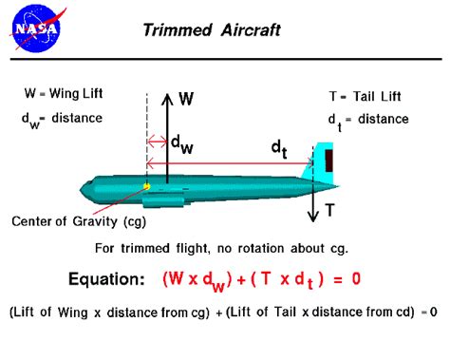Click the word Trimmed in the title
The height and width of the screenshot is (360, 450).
click(174, 29)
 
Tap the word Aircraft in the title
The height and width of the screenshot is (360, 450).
click(247, 29)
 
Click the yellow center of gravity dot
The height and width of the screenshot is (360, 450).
click(146, 186)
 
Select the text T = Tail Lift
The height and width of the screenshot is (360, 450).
click(367, 95)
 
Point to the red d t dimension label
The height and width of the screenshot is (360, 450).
click(278, 149)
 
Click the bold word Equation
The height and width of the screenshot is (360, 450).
click(106, 279)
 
